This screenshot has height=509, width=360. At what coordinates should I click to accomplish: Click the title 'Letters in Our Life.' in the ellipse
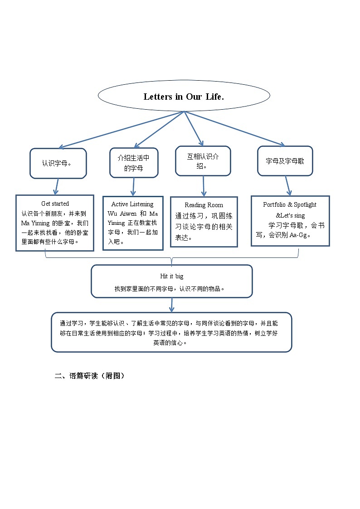(184, 97)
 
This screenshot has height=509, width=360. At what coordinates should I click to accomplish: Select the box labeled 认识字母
(58, 163)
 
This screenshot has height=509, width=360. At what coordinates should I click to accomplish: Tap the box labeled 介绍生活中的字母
(134, 163)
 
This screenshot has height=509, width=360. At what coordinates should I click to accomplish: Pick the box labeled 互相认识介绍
(203, 161)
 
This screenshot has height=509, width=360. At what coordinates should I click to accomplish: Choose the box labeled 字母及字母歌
(285, 161)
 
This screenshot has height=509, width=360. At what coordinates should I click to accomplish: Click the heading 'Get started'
(55, 204)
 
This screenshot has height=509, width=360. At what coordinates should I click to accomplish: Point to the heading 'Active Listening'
(132, 204)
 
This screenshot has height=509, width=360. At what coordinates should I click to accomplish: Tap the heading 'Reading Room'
(204, 205)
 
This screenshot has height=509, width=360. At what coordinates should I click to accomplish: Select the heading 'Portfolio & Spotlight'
(290, 205)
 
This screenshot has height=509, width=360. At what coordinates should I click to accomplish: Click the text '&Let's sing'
(290, 215)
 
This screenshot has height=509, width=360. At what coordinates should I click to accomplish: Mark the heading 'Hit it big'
(171, 276)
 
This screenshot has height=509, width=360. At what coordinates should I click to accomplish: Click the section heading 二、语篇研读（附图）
(89, 376)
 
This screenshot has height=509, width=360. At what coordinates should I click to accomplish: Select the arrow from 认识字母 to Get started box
(56, 186)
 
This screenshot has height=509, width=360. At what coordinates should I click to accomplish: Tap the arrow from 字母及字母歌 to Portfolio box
(288, 186)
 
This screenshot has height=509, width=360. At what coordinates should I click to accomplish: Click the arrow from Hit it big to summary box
(171, 305)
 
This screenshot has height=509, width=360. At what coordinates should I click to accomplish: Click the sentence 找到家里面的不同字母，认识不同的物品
(170, 288)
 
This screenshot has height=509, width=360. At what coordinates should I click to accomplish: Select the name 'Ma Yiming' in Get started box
(35, 223)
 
